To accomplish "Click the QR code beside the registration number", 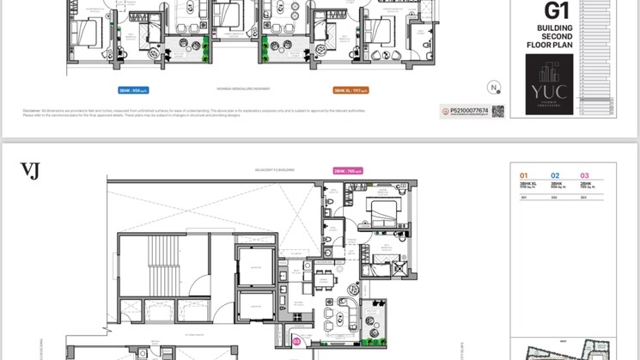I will point(498,111).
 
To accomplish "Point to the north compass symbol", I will point(494,87).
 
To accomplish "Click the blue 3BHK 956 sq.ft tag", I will point(134,88).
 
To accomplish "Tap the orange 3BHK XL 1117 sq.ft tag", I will point(350,88).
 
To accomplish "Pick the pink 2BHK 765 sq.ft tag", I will point(348,171).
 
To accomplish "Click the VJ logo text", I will point(30,170).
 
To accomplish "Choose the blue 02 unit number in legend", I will point(555,175).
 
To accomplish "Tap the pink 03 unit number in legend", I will point(585,175).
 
